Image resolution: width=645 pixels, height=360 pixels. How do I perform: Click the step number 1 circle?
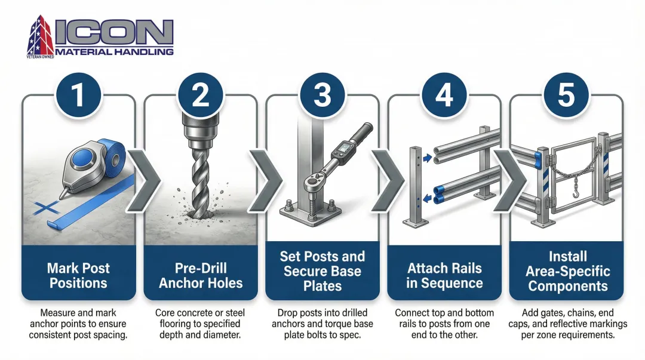pos(78,96)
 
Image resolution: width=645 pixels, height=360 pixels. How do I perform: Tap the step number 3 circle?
pos(322,96)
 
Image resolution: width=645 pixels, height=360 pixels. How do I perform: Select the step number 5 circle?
pos(566,96)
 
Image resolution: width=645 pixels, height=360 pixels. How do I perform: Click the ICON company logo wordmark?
pos(113,32)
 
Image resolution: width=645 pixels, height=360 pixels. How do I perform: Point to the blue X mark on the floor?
pos(46,208)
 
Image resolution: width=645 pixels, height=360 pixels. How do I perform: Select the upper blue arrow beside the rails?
pos(428,158)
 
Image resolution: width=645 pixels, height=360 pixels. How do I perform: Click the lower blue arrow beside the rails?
pos(428,199)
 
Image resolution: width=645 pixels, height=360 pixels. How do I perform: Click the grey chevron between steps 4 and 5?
pos(509,181)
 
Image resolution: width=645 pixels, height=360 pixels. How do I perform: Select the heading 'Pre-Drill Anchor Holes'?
pos(201,276)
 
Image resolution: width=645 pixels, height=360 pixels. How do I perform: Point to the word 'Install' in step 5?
pos(568,256)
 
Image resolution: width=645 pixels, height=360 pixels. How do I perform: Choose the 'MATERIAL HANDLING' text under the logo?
pos(114,52)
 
